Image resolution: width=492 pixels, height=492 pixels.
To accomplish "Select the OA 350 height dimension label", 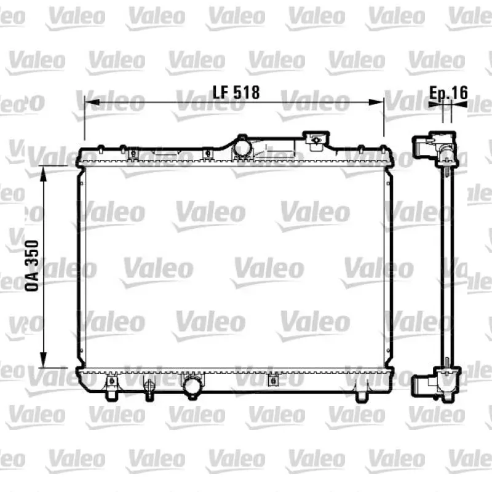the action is tap(32, 266).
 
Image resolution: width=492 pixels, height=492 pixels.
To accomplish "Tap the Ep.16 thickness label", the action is tap(448, 92).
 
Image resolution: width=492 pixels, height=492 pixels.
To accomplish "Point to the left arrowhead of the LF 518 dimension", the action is tap(92, 102).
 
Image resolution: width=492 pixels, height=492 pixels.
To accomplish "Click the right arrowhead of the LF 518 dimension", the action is tap(376, 102).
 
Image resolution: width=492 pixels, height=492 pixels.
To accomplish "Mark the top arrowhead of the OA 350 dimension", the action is tap(43, 173).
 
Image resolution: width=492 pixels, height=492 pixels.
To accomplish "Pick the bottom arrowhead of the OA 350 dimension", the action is tap(43, 360).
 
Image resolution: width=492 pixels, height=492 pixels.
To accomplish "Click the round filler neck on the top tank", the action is tap(242, 146).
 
